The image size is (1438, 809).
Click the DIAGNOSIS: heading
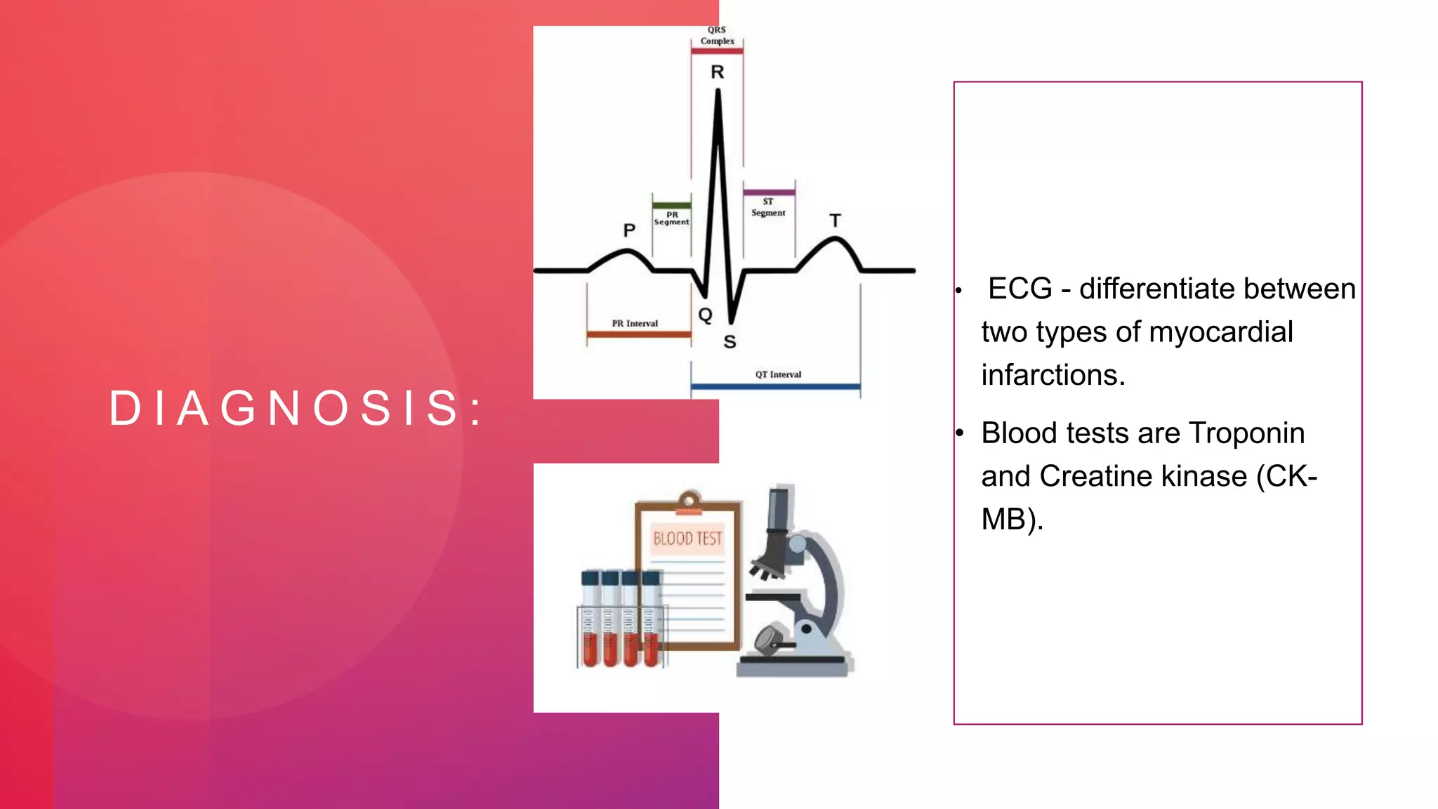[296, 408]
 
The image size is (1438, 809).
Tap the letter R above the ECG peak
[717, 72]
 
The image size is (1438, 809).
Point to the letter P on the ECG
[629, 230]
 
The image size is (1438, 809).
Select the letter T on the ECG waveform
[835, 221]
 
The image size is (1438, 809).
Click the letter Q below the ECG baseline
[705, 315]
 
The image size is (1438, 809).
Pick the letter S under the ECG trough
[730, 342]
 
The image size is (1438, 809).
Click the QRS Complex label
[717, 36]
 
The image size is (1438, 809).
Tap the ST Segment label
[768, 207]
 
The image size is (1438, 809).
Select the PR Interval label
[635, 324]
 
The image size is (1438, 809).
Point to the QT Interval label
[778, 374]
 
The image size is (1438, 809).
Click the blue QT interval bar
[775, 386]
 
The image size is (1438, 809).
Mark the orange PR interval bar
[638, 334]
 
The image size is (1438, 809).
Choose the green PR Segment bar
[671, 205]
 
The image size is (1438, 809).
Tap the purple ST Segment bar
[769, 192]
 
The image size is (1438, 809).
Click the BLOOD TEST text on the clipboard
[687, 539]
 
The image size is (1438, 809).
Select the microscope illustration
[797, 583]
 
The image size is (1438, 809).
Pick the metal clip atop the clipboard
[689, 502]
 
